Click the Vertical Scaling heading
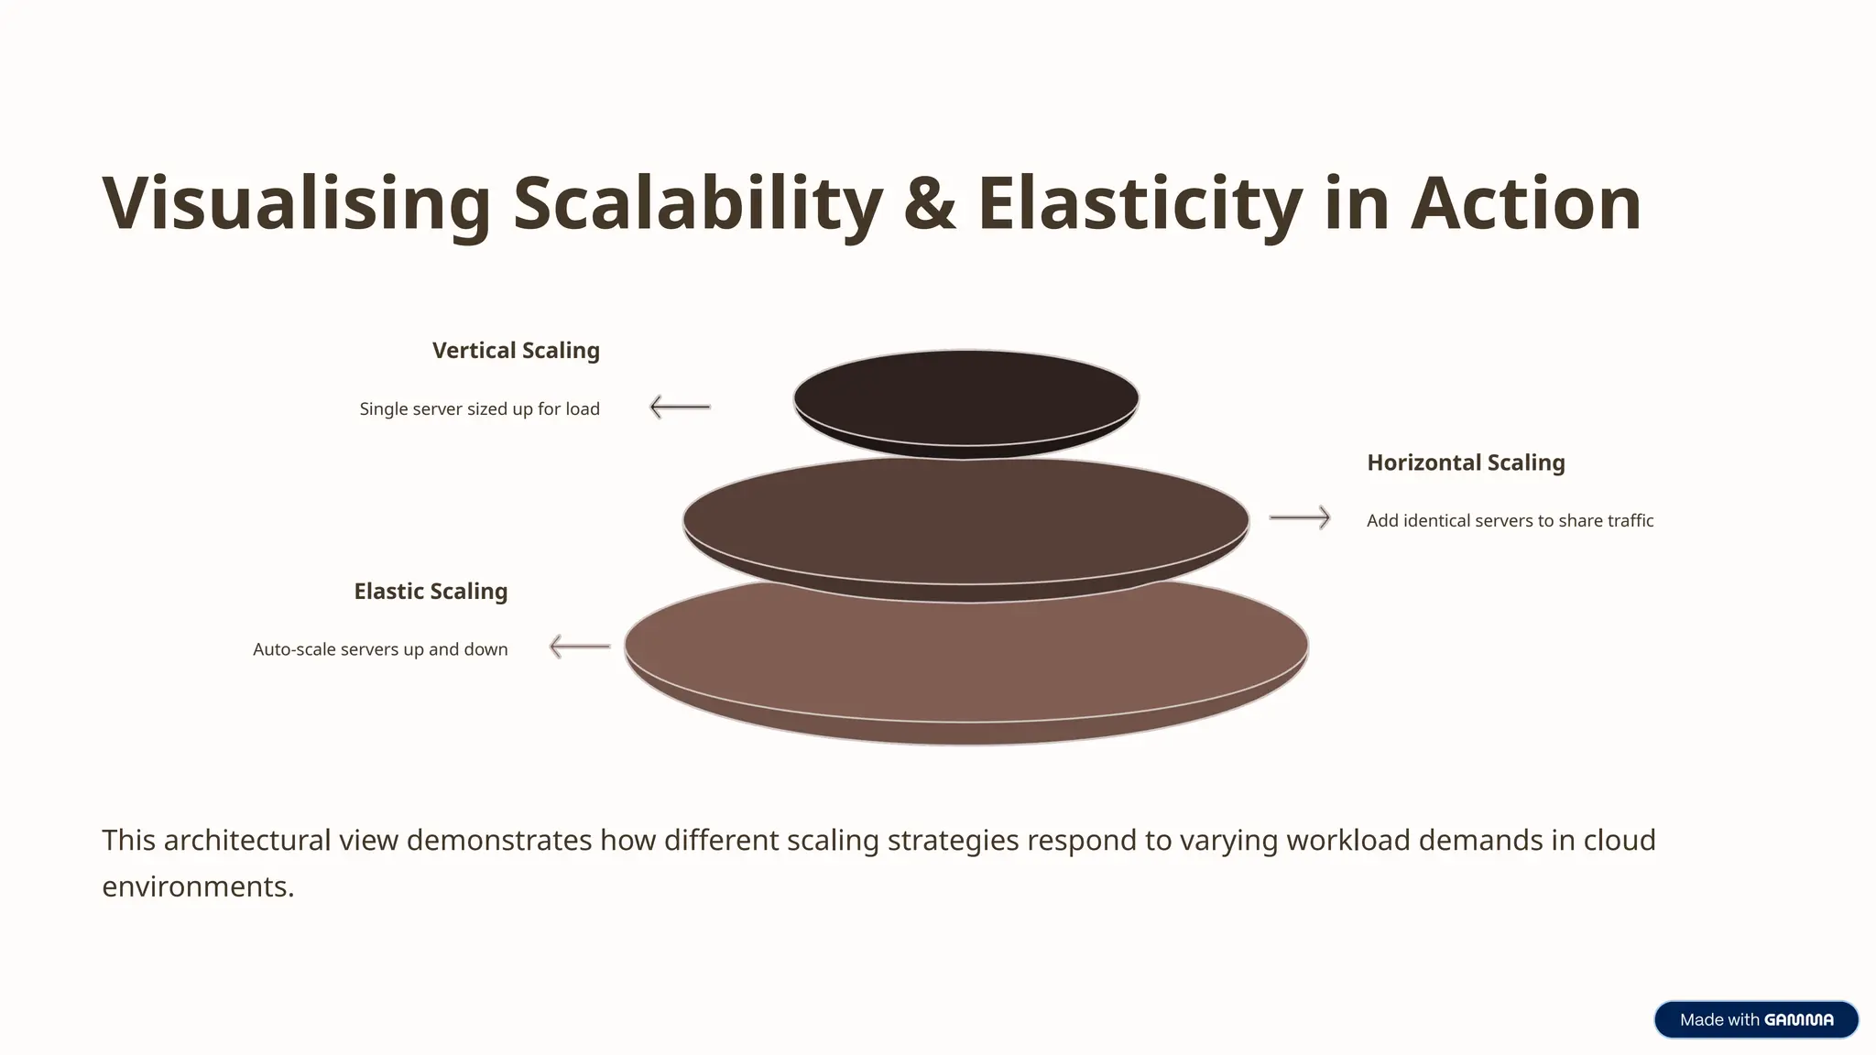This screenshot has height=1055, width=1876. (516, 351)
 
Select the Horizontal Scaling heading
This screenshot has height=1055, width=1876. (1466, 462)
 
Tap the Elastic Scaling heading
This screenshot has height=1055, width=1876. (431, 592)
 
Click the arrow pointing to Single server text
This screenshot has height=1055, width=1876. (680, 407)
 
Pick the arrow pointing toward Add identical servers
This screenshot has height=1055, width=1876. (1300, 517)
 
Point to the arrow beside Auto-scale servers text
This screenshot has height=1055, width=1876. (579, 647)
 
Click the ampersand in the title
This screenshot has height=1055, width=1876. (930, 203)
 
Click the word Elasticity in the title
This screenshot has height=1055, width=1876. (1140, 203)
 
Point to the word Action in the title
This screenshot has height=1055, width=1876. (1525, 203)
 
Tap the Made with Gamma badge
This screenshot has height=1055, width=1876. (1756, 1019)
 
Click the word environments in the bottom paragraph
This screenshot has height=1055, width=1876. (197, 886)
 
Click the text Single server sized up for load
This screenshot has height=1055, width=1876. (479, 409)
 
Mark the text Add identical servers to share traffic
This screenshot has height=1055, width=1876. (1510, 521)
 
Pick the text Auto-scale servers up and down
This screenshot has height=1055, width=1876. (380, 649)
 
